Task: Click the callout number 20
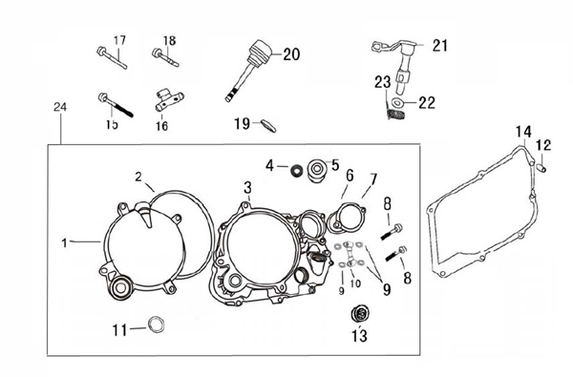[291, 54]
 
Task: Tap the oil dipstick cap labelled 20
[248, 71]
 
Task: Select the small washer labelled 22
[397, 102]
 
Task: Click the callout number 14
[523, 132]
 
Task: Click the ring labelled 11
[156, 325]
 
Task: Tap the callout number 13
[359, 336]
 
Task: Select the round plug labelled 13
[359, 314]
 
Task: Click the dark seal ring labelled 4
[296, 170]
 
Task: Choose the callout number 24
[60, 107]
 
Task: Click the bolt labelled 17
[112, 57]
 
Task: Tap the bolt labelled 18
[165, 58]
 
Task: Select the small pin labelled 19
[268, 125]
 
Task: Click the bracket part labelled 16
[169, 99]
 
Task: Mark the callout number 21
[440, 46]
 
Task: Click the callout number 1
[65, 243]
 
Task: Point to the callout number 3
[247, 188]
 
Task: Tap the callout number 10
[355, 283]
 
